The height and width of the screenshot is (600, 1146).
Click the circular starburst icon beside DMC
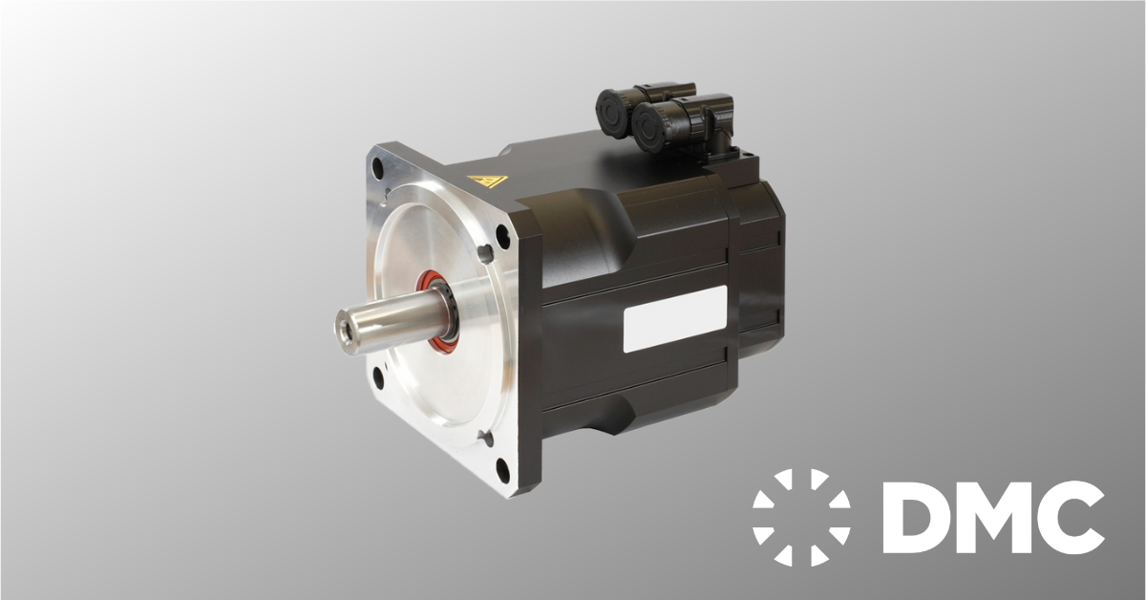(800, 517)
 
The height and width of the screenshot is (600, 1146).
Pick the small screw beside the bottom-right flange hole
(488, 439)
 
